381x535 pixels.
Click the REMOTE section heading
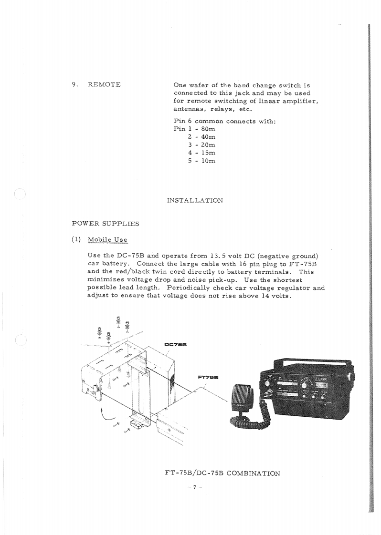coord(104,85)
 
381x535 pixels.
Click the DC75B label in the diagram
coord(175,344)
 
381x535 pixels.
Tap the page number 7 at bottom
coord(195,487)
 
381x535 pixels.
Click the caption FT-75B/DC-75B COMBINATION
coord(222,473)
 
